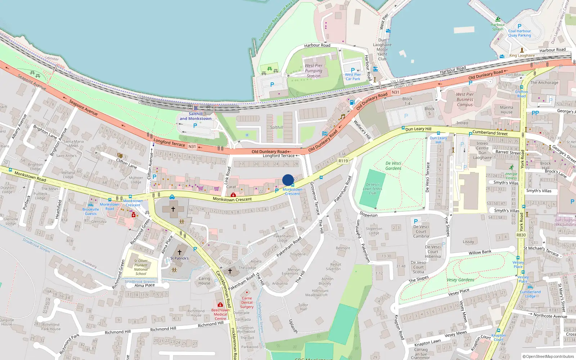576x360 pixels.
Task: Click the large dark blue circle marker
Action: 288,180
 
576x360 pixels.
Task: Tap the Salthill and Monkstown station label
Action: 195,116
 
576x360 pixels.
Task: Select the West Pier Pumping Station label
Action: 314,71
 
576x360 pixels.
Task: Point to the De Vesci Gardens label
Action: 393,166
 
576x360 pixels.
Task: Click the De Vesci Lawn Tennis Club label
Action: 373,189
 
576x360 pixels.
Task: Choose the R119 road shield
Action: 343,161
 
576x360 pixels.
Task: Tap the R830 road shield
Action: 521,235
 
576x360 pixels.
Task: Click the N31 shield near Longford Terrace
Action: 192,147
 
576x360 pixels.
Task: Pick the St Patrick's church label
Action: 179,258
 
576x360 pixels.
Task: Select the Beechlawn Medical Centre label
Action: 220,314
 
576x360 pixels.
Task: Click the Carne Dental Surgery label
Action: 247,302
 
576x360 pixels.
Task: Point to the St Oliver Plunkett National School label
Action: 141,267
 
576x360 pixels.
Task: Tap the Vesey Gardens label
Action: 460,280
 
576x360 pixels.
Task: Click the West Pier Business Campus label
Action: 465,99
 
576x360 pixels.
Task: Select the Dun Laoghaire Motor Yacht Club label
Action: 382,50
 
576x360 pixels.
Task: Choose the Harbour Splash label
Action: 498,27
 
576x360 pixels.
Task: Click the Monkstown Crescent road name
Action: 232,199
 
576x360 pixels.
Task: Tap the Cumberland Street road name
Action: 490,133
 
